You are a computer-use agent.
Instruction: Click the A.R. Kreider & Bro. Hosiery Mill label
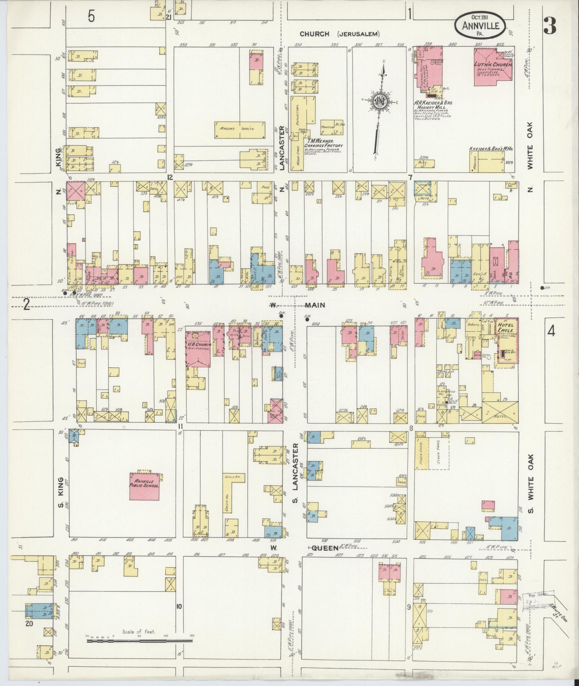(x=434, y=105)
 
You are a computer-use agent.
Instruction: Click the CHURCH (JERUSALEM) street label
(x=340, y=34)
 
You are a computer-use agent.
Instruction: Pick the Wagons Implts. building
(x=241, y=129)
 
